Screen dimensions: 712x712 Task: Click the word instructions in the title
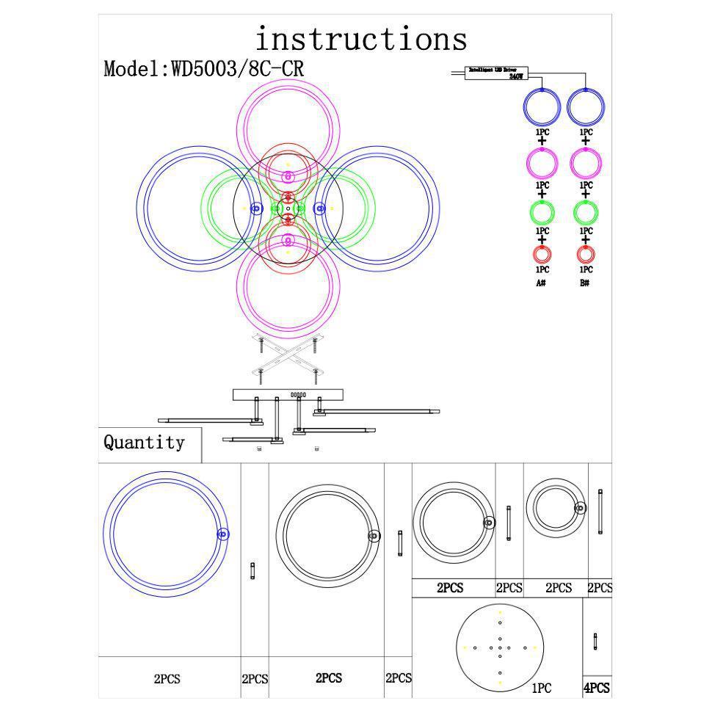[360, 39]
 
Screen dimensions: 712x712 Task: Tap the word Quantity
[144, 443]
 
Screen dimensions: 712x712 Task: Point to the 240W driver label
[517, 76]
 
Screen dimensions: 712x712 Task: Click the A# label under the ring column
[541, 283]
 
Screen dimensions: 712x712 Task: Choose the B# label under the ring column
[585, 283]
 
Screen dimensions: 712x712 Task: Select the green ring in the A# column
[542, 213]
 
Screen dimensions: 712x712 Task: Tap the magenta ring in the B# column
[586, 162]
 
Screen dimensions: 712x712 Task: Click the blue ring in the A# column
[542, 107]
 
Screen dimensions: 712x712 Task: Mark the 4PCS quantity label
[596, 689]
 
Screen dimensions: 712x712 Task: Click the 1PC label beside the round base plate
[541, 689]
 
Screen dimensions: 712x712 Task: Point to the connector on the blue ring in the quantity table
[223, 534]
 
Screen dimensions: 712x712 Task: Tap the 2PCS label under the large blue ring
[167, 679]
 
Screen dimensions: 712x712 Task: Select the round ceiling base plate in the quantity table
[499, 647]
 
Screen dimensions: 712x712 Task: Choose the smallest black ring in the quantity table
[556, 507]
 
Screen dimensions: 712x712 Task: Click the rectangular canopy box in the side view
[288, 394]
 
